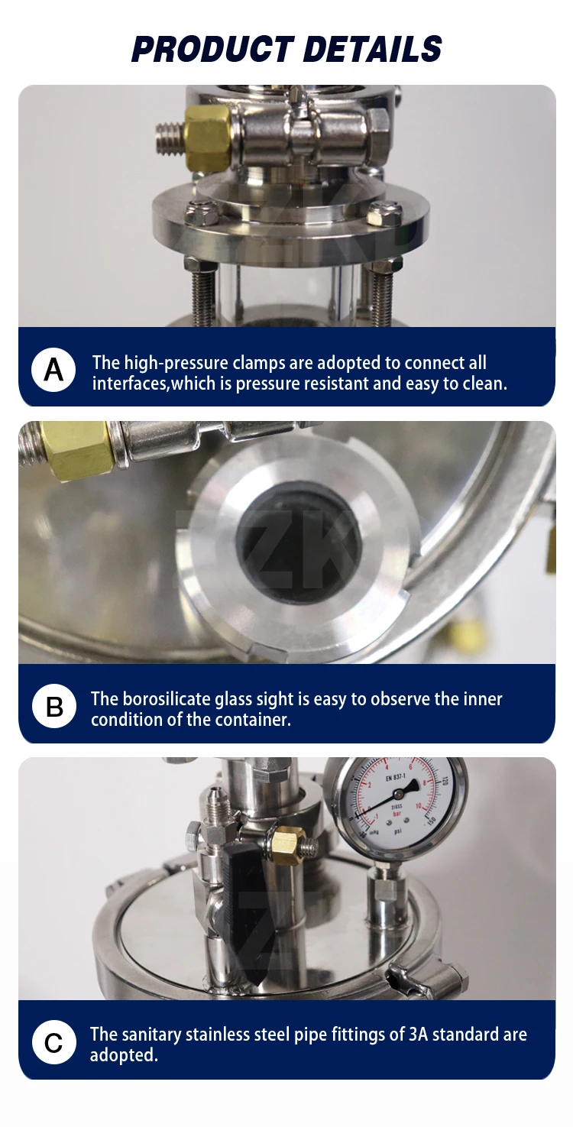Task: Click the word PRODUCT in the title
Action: (212, 50)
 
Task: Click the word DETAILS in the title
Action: (372, 50)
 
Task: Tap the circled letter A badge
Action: (53, 370)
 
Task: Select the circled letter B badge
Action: (53, 706)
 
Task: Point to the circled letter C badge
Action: (53, 1042)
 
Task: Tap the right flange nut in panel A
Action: (385, 212)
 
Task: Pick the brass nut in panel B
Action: (76, 450)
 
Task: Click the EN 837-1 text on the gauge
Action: (396, 778)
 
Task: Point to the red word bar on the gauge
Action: (397, 814)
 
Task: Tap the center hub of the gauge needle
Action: (399, 795)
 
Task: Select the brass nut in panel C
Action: (287, 844)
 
